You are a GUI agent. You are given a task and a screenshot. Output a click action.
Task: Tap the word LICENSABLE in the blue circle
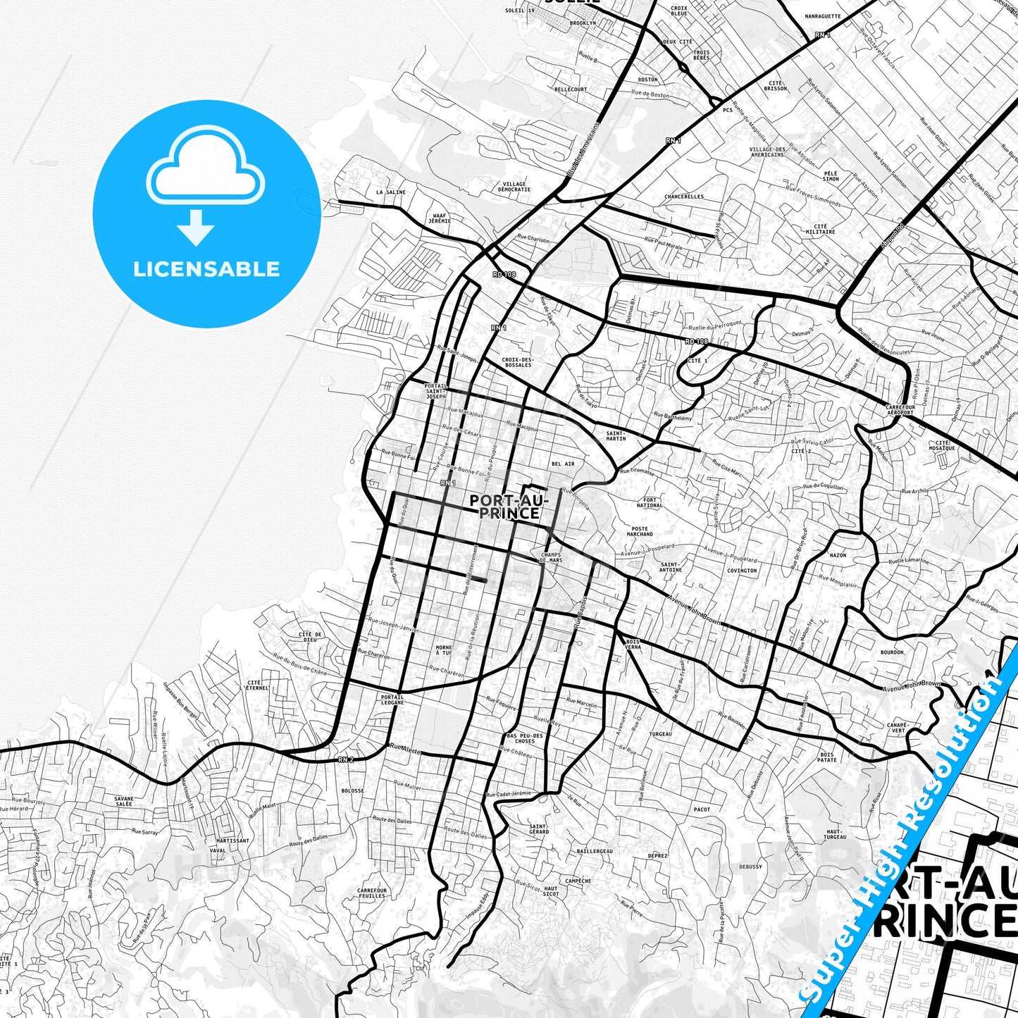tap(206, 269)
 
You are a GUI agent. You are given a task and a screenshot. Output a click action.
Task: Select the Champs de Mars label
tap(551, 557)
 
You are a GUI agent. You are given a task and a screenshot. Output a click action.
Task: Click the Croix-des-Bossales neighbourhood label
tap(518, 362)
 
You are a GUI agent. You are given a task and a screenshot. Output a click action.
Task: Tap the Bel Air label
tap(563, 464)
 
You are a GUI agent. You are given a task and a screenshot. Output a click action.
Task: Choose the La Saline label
tap(391, 192)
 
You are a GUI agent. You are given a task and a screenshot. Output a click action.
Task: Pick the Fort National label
tap(649, 503)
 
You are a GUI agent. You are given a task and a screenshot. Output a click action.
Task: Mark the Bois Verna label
tap(633, 644)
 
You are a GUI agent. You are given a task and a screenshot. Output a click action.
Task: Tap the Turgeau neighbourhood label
tap(660, 734)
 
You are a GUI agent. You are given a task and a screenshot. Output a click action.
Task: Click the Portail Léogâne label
tap(392, 700)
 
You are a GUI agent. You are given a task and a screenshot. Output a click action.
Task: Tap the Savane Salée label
tap(123, 801)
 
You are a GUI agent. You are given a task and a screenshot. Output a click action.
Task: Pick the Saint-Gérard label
tap(539, 829)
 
